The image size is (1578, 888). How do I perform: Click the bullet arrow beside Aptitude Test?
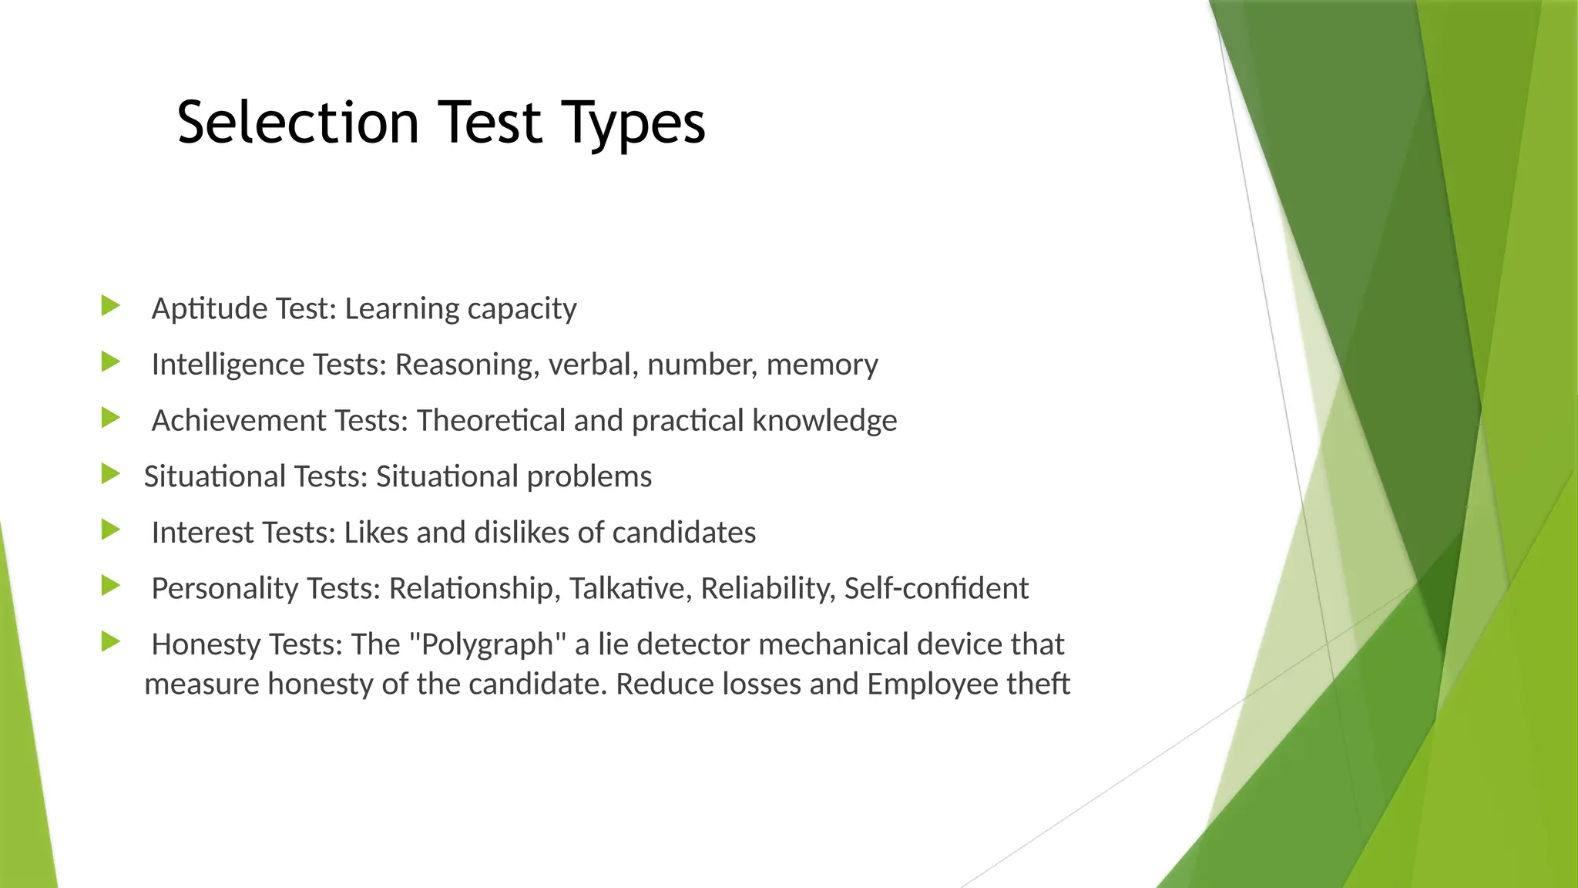tap(111, 306)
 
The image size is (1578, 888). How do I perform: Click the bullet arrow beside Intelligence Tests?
tap(111, 362)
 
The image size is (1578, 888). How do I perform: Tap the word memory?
tap(822, 365)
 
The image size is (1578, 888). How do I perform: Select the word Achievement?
tap(239, 421)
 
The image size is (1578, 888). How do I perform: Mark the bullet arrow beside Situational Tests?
tap(111, 474)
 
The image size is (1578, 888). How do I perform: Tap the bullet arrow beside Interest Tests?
tap(111, 530)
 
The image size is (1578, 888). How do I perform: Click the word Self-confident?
tap(936, 589)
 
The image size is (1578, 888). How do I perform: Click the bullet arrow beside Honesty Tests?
tap(111, 642)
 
